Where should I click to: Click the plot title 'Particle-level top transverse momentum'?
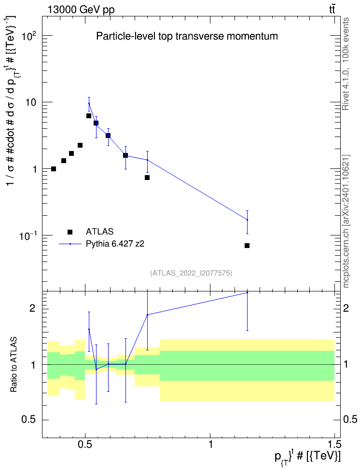187,36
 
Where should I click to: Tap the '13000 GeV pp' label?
81,10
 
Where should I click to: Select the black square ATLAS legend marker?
70,232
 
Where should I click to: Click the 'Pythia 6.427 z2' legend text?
115,244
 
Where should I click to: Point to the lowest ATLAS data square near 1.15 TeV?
247,246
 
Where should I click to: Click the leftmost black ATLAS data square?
54,169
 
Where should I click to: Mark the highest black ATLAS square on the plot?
89,116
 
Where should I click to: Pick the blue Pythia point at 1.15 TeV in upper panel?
247,220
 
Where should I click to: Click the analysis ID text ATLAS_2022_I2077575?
191,273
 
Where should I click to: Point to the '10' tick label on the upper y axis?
30,103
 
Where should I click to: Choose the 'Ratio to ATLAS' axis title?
14,365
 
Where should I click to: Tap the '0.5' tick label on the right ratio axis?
350,420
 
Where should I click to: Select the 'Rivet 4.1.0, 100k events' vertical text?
346,64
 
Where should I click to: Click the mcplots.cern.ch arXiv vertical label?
346,221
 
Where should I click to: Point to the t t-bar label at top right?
332,10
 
